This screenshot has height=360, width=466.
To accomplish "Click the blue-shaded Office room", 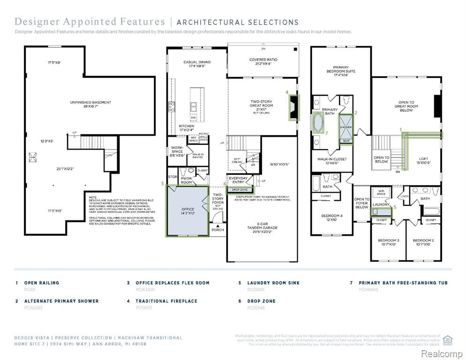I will click(187, 210).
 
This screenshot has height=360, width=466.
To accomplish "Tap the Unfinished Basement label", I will click(90, 105).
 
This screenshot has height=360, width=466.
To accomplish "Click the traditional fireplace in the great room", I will click(293, 108).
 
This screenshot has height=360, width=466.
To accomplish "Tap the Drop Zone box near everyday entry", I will click(240, 190).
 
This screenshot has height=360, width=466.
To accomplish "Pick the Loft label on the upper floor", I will click(423, 161).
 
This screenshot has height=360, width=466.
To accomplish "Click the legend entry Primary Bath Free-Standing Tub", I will click(403, 283).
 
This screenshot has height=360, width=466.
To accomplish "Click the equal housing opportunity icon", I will click(447, 339).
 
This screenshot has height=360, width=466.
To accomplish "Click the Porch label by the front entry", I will click(218, 230).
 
